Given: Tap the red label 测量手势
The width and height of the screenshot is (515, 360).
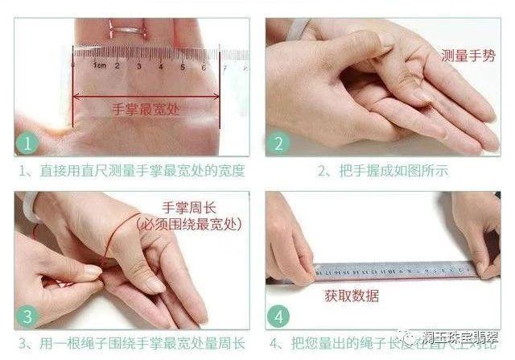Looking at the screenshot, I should [468, 56].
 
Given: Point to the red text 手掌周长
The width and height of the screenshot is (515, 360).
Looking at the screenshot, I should [189, 207].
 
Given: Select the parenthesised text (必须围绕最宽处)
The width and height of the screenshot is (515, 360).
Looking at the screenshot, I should [189, 223].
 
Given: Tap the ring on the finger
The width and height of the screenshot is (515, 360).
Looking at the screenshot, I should [126, 31].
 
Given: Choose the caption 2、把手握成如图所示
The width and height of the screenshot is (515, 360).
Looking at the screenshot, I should [382, 171].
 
